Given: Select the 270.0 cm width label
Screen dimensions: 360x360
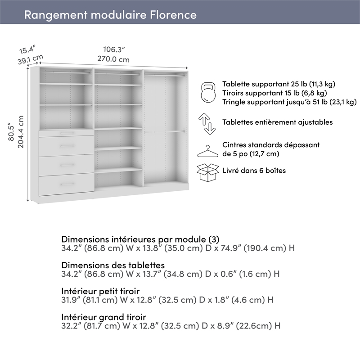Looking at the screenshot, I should (114, 59).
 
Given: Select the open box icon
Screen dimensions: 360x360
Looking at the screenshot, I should (207, 172).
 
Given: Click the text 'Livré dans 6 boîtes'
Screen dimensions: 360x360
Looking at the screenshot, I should (254, 171).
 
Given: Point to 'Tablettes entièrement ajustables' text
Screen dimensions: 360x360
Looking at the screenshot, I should (278, 122).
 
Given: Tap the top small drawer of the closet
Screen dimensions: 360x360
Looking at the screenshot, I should (67, 133).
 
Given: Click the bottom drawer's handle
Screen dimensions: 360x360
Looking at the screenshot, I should (67, 184).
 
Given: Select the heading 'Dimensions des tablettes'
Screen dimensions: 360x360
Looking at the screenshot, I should (113, 265).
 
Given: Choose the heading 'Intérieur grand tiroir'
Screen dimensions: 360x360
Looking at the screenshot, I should (103, 317).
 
